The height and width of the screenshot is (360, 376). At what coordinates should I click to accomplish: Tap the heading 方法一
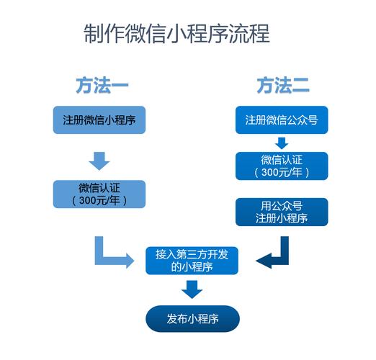pyautogui.click(x=102, y=86)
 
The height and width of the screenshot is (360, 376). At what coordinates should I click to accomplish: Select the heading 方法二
pyautogui.click(x=282, y=86)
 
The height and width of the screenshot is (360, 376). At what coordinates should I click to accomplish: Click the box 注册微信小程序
pyautogui.click(x=99, y=120)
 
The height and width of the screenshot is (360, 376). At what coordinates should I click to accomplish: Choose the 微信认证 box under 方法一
pyautogui.click(x=99, y=194)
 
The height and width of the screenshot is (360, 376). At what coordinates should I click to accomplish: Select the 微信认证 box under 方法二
pyautogui.click(x=282, y=165)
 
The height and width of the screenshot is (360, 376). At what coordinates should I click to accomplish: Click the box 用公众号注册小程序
pyautogui.click(x=282, y=212)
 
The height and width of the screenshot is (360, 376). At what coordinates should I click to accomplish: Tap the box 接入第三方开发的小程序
pyautogui.click(x=191, y=260)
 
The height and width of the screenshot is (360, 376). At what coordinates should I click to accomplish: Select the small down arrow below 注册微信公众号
pyautogui.click(x=282, y=143)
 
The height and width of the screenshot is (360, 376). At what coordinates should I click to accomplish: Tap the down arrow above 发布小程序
pyautogui.click(x=191, y=289)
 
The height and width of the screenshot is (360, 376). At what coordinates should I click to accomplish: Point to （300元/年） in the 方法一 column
pyautogui.click(x=99, y=201)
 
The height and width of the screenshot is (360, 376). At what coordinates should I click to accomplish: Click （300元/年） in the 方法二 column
pyautogui.click(x=282, y=172)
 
